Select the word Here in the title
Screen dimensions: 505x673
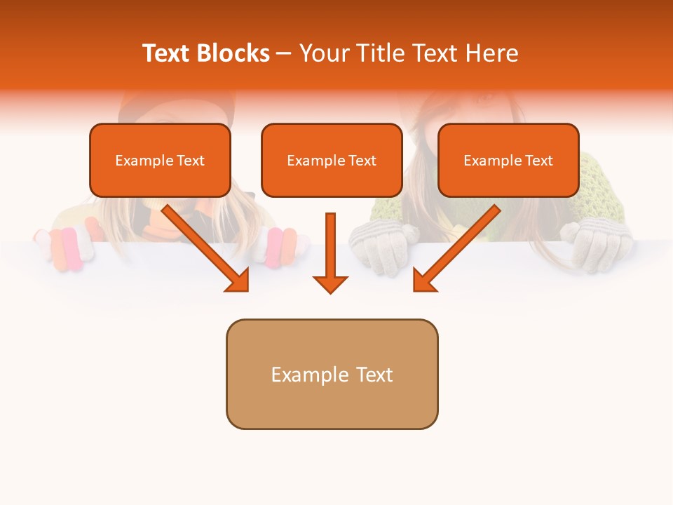coord(492,53)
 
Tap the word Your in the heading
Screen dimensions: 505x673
coord(324,53)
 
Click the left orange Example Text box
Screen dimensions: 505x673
coord(160,161)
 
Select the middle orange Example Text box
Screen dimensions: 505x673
coord(332,161)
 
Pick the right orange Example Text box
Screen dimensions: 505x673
coord(508,161)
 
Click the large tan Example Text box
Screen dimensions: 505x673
coord(332,374)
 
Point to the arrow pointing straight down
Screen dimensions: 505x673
coord(330,252)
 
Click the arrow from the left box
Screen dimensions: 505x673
coord(207,249)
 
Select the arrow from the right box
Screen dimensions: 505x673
coord(456,249)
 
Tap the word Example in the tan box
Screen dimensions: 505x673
coord(300,375)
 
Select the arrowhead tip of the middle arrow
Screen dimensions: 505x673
coord(330,291)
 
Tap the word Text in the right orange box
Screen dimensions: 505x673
coord(538,161)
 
